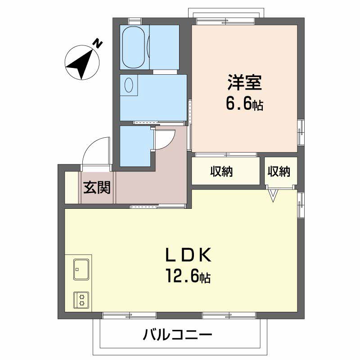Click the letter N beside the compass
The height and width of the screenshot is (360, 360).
[x=98, y=44]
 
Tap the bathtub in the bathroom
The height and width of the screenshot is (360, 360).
[x=134, y=47]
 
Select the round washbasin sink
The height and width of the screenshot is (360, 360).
[x=130, y=85]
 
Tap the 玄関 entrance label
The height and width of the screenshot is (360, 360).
[x=96, y=187]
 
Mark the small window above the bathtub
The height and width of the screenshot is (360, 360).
[x=135, y=20]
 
